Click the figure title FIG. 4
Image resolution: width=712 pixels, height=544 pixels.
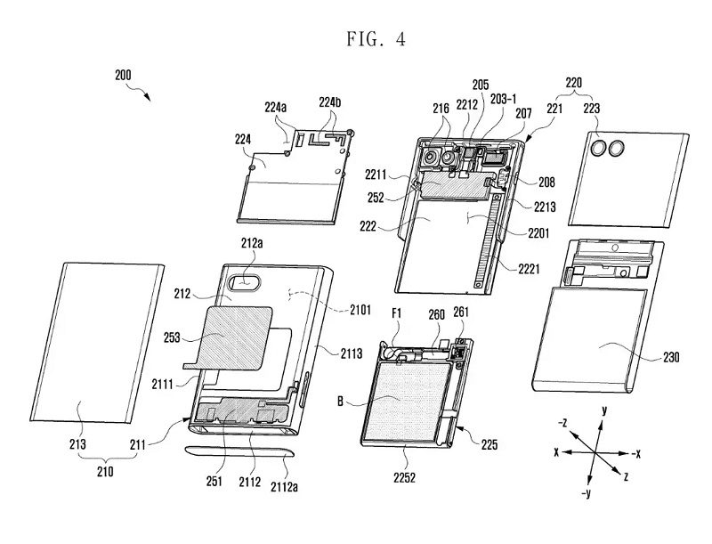pos(376,39)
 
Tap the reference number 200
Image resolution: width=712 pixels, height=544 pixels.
pos(123,75)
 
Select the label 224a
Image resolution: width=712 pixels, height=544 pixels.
pos(276,107)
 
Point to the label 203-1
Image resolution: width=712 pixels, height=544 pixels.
pos(503,99)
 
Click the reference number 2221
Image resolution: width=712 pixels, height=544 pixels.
pos(529,269)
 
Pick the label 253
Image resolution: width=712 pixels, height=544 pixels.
pos(172,337)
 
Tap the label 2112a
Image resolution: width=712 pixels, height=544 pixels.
pos(284,487)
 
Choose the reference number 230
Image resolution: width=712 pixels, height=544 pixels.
pos(671,357)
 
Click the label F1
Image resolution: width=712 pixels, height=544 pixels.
pos(396,313)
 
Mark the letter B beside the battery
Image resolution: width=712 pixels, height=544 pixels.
pos(340,402)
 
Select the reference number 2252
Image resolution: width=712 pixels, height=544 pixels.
pos(404,477)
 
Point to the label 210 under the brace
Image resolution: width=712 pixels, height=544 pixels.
pos(105,472)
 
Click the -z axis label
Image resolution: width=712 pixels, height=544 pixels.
pos(562,423)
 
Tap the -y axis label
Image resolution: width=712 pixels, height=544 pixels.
pos(587,492)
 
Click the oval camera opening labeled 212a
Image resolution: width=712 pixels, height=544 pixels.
pos(246,282)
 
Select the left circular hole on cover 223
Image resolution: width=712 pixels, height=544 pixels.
pos(598,148)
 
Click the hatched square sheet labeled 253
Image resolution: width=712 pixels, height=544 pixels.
pos(232,337)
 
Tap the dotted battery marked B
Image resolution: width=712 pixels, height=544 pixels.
pos(408,402)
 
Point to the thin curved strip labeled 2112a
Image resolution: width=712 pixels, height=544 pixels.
pos(239,451)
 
